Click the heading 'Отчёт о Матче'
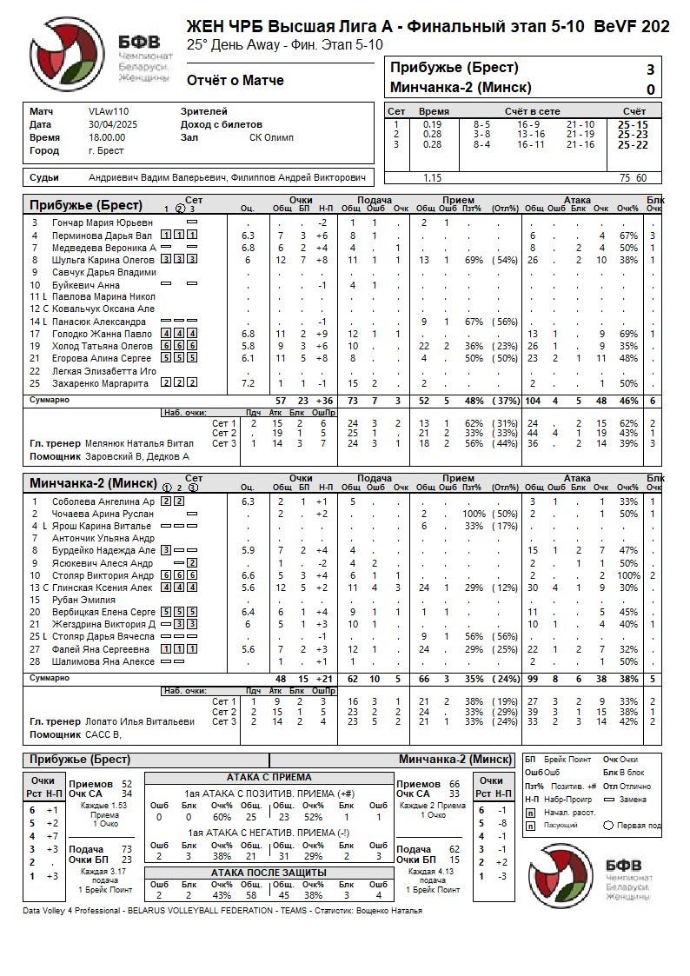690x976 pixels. (236, 81)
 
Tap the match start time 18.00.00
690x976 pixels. (107, 137)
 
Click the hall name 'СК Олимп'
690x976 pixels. (271, 137)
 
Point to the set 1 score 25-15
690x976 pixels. (633, 124)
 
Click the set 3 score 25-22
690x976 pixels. (633, 145)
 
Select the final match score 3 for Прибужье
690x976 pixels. (650, 70)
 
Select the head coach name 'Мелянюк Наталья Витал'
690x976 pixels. (138, 443)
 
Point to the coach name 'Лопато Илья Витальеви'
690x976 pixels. (140, 721)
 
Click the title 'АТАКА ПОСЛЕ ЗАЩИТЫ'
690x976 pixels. (269, 873)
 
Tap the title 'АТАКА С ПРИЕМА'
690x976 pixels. (269, 777)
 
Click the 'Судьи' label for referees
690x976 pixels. (44, 177)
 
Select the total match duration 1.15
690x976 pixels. (432, 178)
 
